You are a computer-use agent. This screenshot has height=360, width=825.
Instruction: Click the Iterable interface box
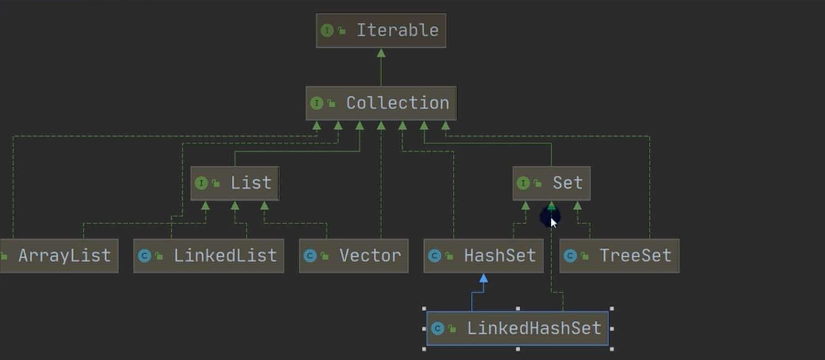[x=381, y=31]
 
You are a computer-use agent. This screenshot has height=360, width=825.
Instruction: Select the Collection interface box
[x=381, y=103]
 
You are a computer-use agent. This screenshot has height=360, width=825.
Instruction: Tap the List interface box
[x=235, y=183]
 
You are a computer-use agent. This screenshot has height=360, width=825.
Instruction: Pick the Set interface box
[x=551, y=183]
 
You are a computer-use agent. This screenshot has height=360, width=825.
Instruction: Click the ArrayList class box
[x=60, y=256]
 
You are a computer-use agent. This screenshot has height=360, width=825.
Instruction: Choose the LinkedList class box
[x=208, y=256]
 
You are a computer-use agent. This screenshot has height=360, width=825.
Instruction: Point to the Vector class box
[x=353, y=256]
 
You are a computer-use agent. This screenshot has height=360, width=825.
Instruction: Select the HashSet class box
[x=483, y=256]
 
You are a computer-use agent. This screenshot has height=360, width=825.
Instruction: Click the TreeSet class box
[x=619, y=256]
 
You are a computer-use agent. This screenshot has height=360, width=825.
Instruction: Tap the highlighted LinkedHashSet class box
[x=517, y=328]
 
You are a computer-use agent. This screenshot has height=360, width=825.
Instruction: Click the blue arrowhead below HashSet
[x=483, y=278]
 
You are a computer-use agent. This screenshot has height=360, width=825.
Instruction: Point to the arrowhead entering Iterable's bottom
[x=381, y=53]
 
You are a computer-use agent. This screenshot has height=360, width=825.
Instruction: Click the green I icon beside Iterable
[x=327, y=31]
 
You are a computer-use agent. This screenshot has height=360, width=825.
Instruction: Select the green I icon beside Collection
[x=317, y=103]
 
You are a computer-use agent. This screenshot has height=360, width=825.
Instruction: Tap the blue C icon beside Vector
[x=310, y=256]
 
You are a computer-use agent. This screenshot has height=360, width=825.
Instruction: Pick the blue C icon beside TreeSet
[x=570, y=256]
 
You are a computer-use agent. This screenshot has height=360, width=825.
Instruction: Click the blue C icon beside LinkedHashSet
[x=438, y=328]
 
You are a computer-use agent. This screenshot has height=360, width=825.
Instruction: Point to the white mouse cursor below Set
[x=553, y=223]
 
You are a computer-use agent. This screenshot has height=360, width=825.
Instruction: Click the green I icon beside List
[x=201, y=183]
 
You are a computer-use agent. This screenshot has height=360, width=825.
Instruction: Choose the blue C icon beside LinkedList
[x=144, y=256]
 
